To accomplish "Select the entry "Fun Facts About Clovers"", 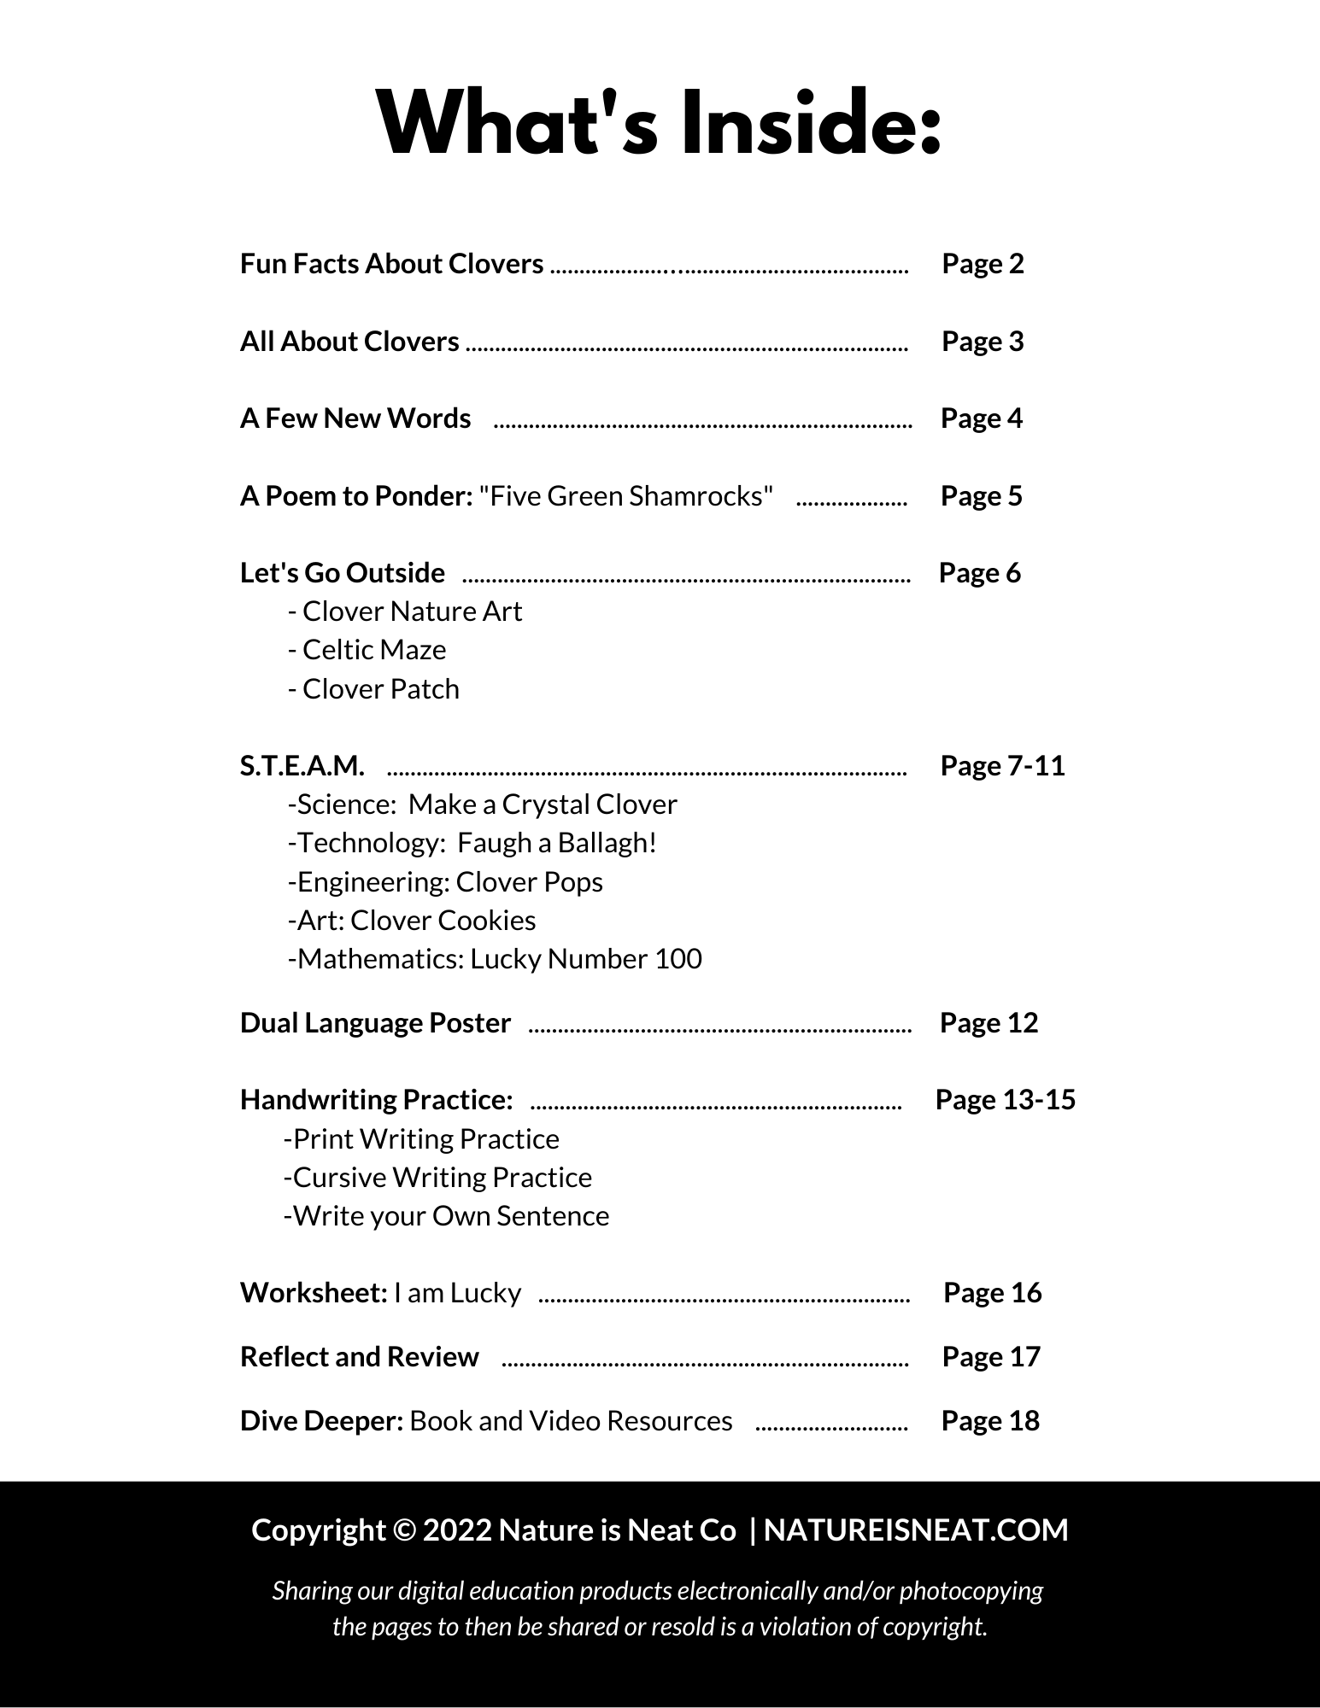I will (391, 264).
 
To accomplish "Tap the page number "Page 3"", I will (983, 342).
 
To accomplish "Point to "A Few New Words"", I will (355, 418).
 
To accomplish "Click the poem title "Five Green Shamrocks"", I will (627, 496).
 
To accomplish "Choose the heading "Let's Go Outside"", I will (343, 573).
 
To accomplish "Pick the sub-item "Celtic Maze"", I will (373, 650).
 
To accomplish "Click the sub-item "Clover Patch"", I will (380, 689).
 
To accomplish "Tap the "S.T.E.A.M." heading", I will (302, 766).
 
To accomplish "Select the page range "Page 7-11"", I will (1003, 766).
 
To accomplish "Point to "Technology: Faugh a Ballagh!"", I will (472, 843).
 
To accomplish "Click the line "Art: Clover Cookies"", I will (413, 921).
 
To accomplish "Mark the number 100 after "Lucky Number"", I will (678, 959).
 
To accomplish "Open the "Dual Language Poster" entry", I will (375, 1023).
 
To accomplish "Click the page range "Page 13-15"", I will (1006, 1100).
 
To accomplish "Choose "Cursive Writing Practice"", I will (438, 1178).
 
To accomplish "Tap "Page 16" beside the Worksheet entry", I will (993, 1293).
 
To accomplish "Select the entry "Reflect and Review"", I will (360, 1357).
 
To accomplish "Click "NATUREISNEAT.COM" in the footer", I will (916, 1530).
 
